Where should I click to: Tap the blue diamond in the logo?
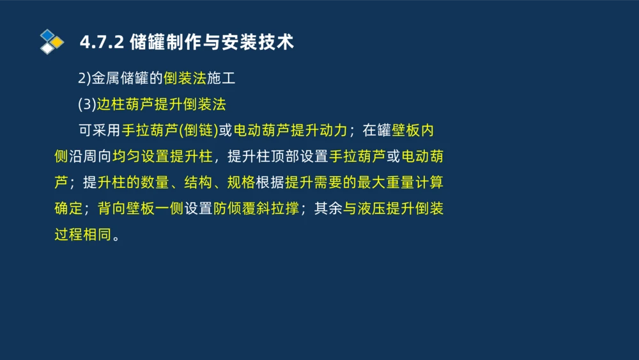[x=47, y=35]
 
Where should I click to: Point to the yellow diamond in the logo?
[x=57, y=42]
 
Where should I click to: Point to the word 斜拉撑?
[x=279, y=208]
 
